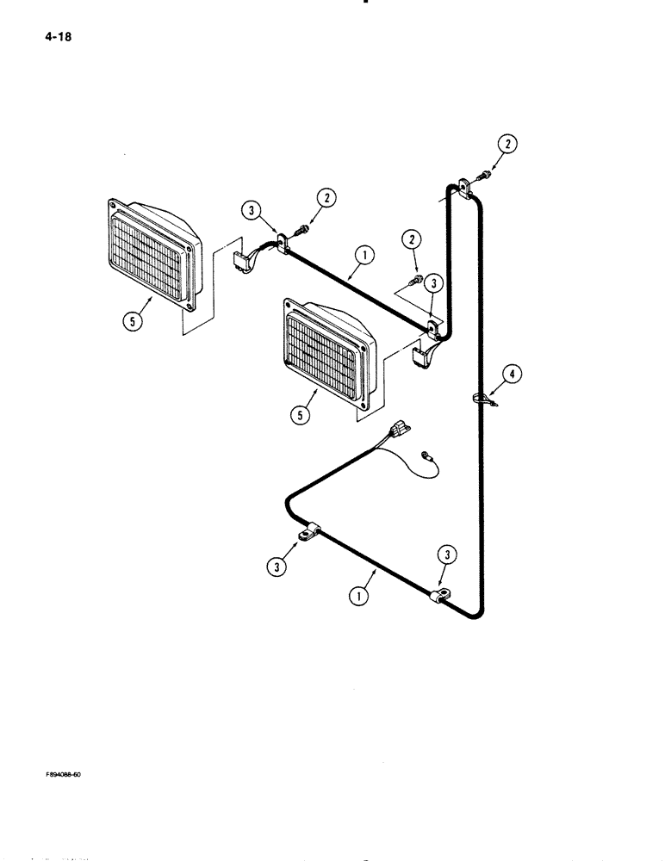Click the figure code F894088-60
(64, 773)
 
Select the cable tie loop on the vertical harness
(484, 398)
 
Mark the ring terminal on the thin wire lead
(426, 454)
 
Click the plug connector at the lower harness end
(398, 428)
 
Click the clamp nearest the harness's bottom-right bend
(440, 593)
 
